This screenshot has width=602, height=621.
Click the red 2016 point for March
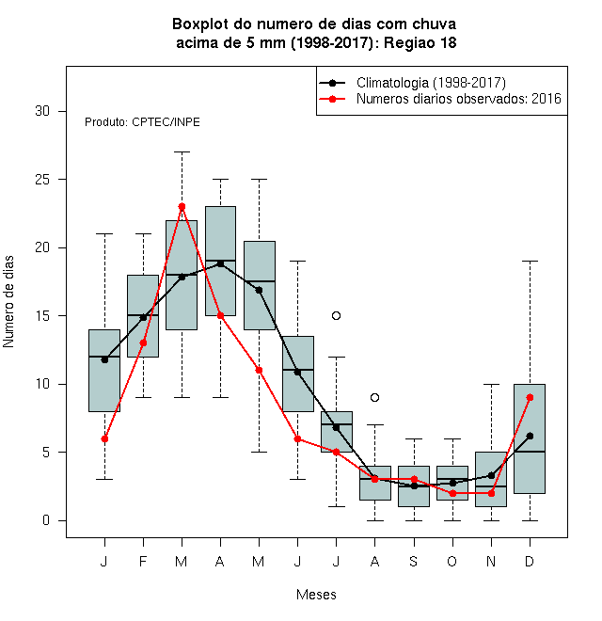click(x=182, y=207)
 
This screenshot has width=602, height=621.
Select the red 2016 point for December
click(x=530, y=398)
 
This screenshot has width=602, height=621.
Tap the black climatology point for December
click(x=530, y=436)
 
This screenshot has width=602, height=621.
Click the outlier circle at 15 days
click(x=336, y=315)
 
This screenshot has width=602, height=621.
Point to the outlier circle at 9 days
click(x=374, y=398)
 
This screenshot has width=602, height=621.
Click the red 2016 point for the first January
click(x=104, y=438)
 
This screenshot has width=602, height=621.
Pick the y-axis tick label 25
click(x=42, y=180)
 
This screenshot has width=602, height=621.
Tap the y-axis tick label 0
click(x=46, y=520)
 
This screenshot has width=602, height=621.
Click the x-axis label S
click(x=414, y=561)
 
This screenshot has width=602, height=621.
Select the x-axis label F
click(x=143, y=561)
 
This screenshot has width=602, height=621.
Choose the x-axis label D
click(x=530, y=561)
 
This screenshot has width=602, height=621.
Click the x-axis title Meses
click(x=316, y=595)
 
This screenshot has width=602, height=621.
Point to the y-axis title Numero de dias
click(x=8, y=302)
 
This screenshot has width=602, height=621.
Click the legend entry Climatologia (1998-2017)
click(x=431, y=83)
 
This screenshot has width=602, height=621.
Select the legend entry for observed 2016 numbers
click(x=459, y=99)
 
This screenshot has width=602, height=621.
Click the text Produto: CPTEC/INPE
click(x=142, y=122)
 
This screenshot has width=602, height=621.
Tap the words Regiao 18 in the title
click(x=420, y=42)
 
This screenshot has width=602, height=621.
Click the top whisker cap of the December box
click(x=530, y=262)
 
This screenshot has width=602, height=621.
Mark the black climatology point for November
click(x=492, y=475)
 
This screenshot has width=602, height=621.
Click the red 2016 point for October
click(x=452, y=493)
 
